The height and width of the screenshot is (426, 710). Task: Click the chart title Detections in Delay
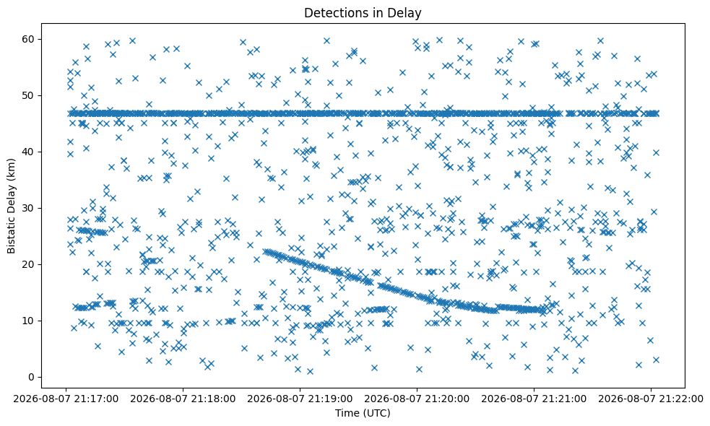(363, 13)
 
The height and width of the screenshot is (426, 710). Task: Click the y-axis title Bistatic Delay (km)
(12, 206)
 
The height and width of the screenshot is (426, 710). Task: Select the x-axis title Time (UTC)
(363, 413)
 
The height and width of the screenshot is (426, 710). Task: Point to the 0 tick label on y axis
(31, 377)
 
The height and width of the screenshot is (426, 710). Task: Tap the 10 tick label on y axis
(28, 321)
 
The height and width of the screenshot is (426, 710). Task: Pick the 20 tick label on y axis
(28, 264)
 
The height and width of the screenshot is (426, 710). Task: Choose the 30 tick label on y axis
(28, 208)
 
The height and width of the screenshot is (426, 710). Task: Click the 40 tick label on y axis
(28, 152)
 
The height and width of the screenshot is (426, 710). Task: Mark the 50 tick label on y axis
(28, 95)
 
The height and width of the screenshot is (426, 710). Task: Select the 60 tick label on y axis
(28, 40)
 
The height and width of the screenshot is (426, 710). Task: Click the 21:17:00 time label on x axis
(66, 399)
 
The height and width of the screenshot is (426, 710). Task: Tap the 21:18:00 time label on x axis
(183, 399)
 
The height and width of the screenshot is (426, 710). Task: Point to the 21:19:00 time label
(300, 399)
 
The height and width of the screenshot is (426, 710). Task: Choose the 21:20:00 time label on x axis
(417, 399)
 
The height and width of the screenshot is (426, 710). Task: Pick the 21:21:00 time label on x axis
(534, 399)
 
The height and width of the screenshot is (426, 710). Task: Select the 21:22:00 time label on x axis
(651, 399)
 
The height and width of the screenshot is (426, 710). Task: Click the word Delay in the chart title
(407, 13)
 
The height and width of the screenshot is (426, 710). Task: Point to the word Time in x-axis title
(345, 413)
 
